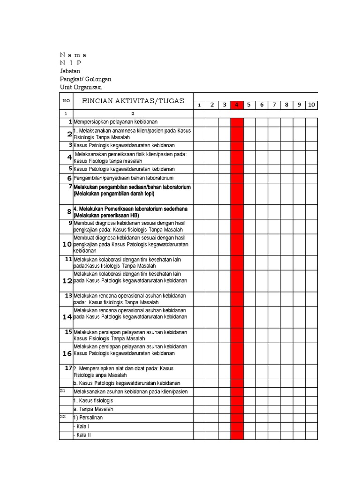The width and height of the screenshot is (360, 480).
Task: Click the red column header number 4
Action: click(x=237, y=105)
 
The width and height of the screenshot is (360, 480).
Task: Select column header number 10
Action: click(x=311, y=105)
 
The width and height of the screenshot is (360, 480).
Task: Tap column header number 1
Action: click(x=199, y=105)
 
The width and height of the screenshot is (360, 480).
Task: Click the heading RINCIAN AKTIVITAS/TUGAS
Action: click(x=133, y=101)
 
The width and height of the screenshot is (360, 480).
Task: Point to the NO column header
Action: click(x=66, y=101)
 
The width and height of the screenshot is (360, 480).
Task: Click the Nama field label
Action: click(x=73, y=55)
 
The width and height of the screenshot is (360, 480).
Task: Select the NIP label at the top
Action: click(x=70, y=63)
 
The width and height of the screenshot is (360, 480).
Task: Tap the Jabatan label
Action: click(x=70, y=71)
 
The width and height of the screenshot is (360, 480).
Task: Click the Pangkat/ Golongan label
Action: click(x=85, y=79)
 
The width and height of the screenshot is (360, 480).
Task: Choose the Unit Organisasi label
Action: click(x=81, y=87)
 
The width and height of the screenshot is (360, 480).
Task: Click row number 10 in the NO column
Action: click(x=67, y=245)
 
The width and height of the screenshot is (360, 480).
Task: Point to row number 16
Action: click(x=67, y=353)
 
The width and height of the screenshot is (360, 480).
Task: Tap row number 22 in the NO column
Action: click(x=63, y=417)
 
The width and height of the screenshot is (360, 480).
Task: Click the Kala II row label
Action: click(x=82, y=435)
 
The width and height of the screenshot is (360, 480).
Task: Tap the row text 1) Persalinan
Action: click(x=88, y=418)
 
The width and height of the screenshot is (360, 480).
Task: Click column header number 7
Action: click(x=274, y=105)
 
